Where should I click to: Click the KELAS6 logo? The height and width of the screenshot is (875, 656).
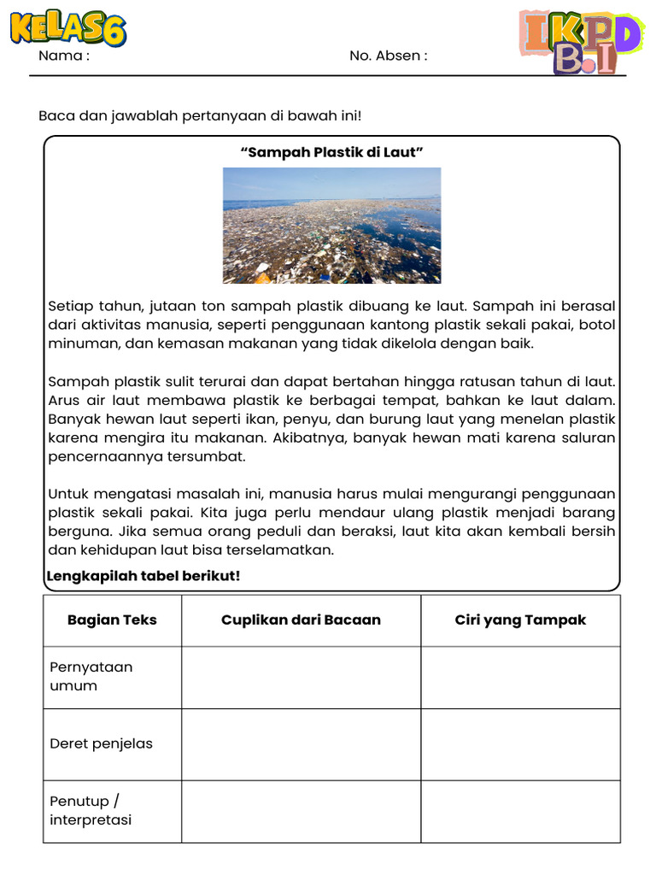pyautogui.click(x=68, y=27)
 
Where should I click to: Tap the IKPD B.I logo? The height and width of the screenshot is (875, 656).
pyautogui.click(x=580, y=42)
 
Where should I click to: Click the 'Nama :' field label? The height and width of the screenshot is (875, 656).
pyautogui.click(x=64, y=56)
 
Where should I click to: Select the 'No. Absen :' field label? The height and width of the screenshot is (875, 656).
pyautogui.click(x=388, y=56)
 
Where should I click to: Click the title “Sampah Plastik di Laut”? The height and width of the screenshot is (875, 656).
pyautogui.click(x=332, y=152)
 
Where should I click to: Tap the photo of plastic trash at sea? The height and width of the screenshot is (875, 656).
pyautogui.click(x=331, y=225)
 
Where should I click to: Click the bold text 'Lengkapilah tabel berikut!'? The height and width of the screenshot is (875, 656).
pyautogui.click(x=143, y=576)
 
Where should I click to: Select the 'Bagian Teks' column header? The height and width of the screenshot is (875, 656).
pyautogui.click(x=112, y=620)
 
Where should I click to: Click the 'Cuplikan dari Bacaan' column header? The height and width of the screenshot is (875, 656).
pyautogui.click(x=301, y=620)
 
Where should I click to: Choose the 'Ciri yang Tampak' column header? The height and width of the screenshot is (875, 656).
pyautogui.click(x=520, y=620)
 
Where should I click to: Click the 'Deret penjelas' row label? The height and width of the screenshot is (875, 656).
pyautogui.click(x=101, y=743)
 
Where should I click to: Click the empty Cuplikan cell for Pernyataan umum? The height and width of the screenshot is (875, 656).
pyautogui.click(x=301, y=677)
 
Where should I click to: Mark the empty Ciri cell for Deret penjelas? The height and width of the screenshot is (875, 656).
pyautogui.click(x=520, y=743)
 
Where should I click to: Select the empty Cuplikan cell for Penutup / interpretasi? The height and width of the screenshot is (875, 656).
pyautogui.click(x=301, y=811)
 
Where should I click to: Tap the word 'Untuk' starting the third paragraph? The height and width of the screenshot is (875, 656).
pyautogui.click(x=68, y=494)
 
